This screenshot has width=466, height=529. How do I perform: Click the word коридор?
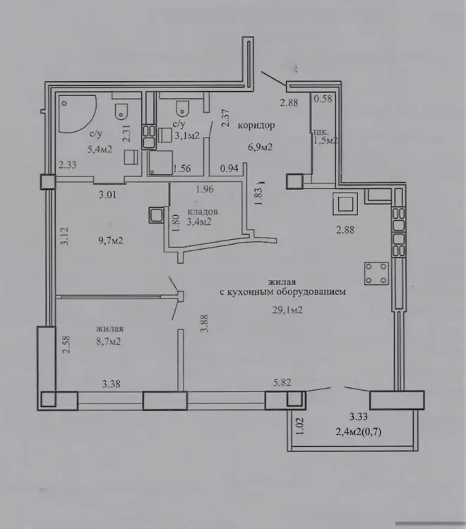tap(256, 126)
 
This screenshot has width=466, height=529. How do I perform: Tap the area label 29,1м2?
tap(287, 310)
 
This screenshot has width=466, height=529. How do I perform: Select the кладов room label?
tap(202, 212)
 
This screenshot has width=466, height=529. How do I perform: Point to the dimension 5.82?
tap(282, 382)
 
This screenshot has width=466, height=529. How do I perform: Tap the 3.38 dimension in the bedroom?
tap(111, 384)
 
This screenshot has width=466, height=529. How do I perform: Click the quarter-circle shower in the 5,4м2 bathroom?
tap(78, 114)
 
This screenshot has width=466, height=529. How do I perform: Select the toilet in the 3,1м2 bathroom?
tap(182, 108)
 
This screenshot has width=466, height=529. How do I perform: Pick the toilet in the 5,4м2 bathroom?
tap(121, 111)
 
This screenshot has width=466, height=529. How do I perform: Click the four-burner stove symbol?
tap(376, 273)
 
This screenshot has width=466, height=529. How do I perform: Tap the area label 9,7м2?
tap(109, 241)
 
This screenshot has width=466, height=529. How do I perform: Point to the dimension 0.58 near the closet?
tap(323, 99)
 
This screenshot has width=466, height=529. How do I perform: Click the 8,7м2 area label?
tap(109, 341)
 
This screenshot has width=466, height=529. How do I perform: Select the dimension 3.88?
tap(204, 323)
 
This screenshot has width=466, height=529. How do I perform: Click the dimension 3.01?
tap(108, 195)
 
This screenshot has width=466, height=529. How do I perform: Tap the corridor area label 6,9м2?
tap(260, 147)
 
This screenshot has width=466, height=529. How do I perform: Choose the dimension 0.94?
tap(229, 168)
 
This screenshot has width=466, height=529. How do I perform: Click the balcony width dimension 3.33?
tap(358, 417)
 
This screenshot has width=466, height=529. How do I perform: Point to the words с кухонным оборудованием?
tap(282, 292)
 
